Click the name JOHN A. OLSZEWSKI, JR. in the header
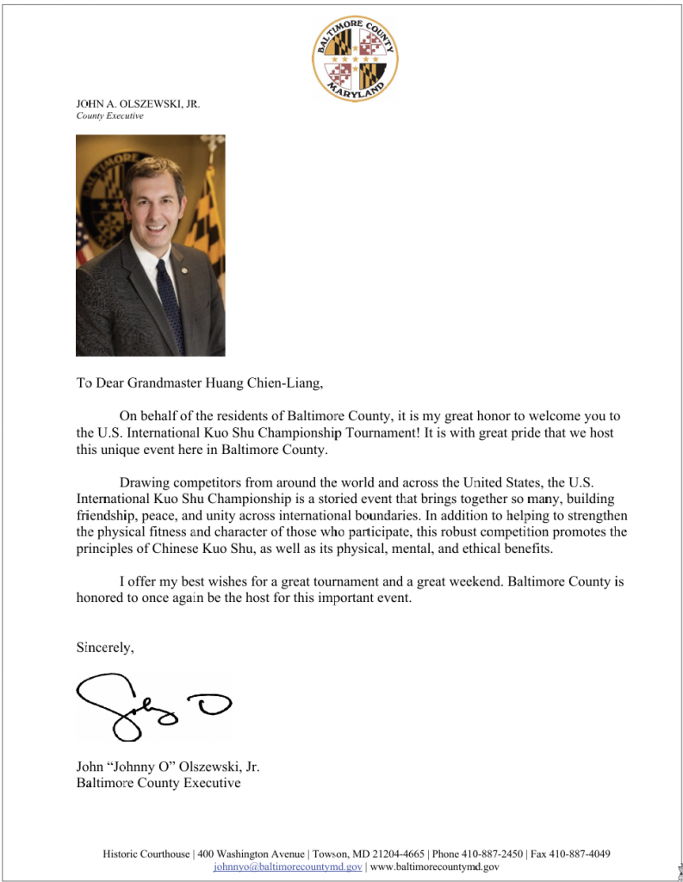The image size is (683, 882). [138, 104]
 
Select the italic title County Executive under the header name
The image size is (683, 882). [109, 116]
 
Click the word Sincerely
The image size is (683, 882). [105, 648]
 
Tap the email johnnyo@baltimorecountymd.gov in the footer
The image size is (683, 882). [288, 866]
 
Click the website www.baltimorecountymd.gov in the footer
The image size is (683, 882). [434, 866]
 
